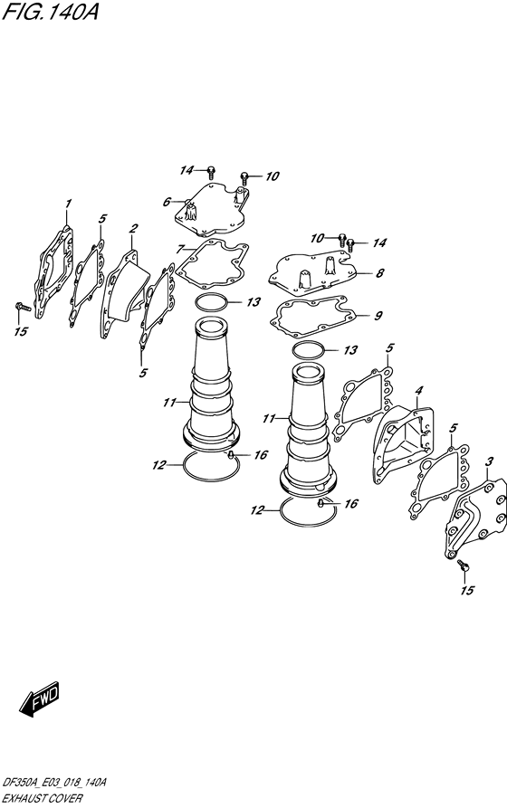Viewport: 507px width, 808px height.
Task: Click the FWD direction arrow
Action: (40, 699)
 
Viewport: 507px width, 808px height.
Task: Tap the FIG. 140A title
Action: (50, 12)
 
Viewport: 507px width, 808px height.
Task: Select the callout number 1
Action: (68, 204)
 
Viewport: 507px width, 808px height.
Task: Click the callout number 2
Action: (134, 228)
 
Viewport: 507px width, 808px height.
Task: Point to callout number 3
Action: (490, 461)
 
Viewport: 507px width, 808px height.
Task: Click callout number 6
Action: (166, 202)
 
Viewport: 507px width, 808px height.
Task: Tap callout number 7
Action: (179, 250)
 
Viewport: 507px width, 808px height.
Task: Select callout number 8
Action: (379, 273)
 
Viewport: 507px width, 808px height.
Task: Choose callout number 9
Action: (378, 316)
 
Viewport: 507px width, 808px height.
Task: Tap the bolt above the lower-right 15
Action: (464, 566)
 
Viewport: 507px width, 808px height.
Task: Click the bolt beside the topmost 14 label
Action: (210, 171)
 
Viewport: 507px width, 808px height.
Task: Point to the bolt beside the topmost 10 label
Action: (244, 177)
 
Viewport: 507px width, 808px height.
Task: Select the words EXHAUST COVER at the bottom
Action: (42, 799)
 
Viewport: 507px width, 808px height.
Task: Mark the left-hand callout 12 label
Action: (158, 465)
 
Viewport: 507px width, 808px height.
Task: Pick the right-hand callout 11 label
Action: (269, 419)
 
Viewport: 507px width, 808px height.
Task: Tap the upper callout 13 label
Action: (253, 302)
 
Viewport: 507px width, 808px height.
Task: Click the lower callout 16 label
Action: (350, 503)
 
